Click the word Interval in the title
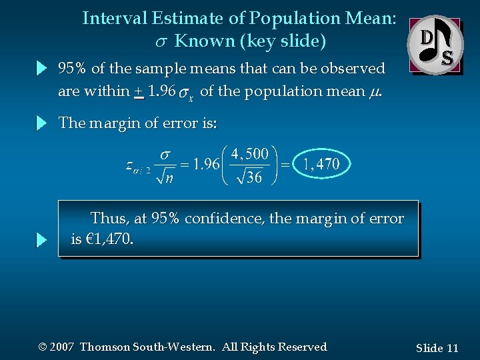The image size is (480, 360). pos(111,19)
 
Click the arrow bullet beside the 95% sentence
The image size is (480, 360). pos(42,68)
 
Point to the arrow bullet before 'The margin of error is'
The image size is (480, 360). pos(42,123)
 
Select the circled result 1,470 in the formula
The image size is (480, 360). pos(321,164)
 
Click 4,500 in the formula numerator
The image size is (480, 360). pos(249,154)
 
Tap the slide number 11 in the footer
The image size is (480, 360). pos(452,348)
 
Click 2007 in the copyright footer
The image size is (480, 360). pos(62,347)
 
